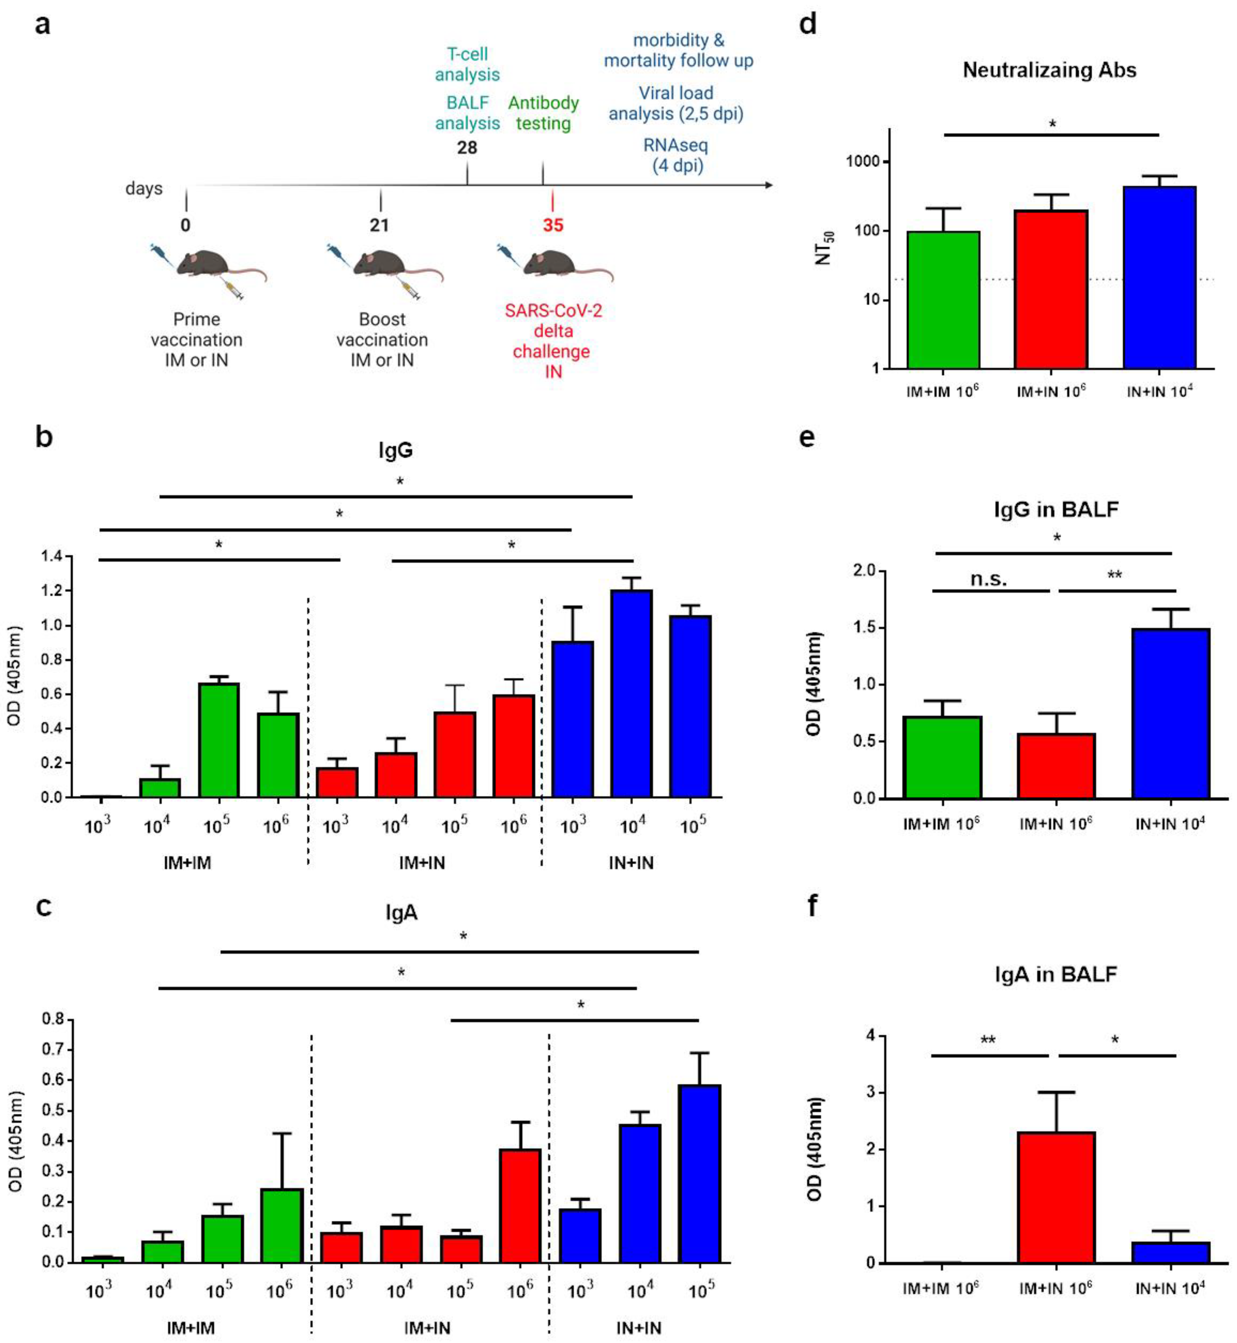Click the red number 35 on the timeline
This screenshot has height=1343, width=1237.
pyautogui.click(x=553, y=225)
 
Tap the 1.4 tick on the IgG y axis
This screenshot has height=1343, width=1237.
pyautogui.click(x=51, y=556)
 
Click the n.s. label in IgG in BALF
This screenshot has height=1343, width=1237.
pyautogui.click(x=989, y=578)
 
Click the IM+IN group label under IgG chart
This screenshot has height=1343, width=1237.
pyautogui.click(x=422, y=863)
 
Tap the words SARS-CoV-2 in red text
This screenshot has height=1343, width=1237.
pyautogui.click(x=553, y=311)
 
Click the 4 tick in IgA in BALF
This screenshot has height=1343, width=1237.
pyautogui.click(x=870, y=1036)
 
